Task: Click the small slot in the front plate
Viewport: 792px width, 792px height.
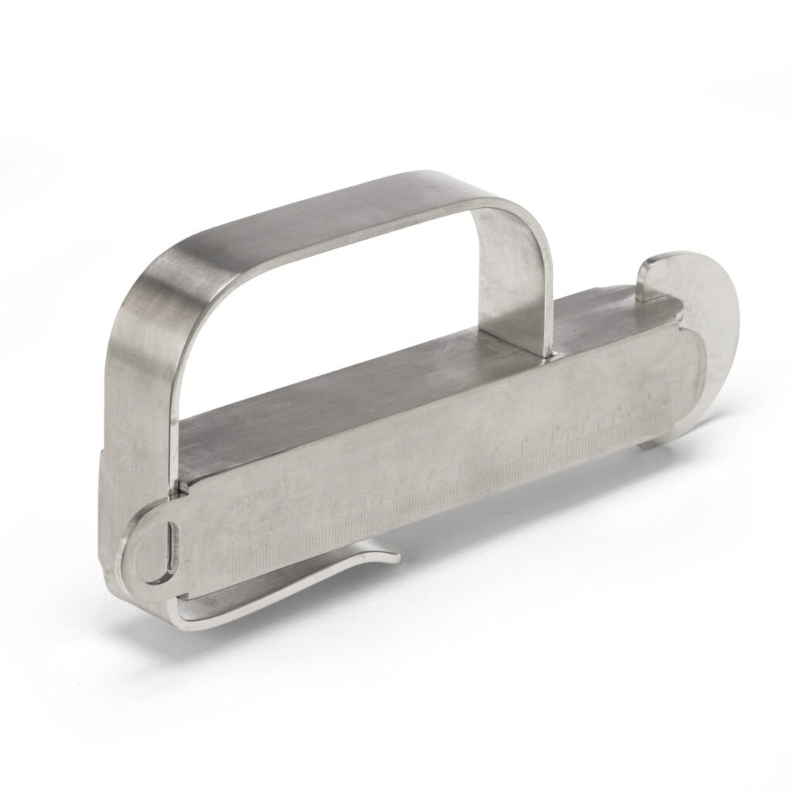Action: point(171,548)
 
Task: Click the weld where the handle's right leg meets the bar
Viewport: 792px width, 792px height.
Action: point(551,355)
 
